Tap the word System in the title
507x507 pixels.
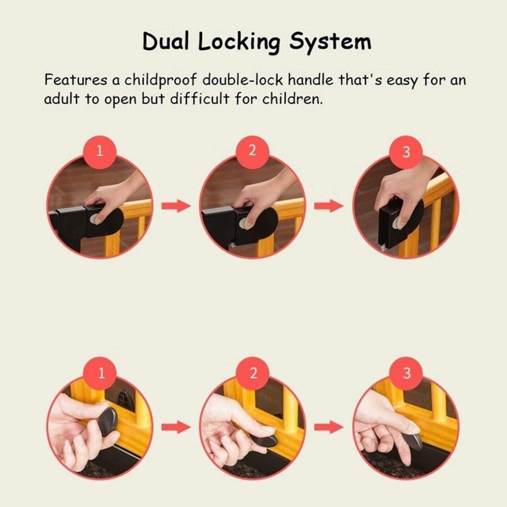(330, 43)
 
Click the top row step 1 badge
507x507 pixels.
(100, 152)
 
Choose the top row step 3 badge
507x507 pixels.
(406, 152)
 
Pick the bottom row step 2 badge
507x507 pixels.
(253, 373)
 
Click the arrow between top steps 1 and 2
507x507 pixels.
(176, 206)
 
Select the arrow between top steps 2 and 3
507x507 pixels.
(329, 206)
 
